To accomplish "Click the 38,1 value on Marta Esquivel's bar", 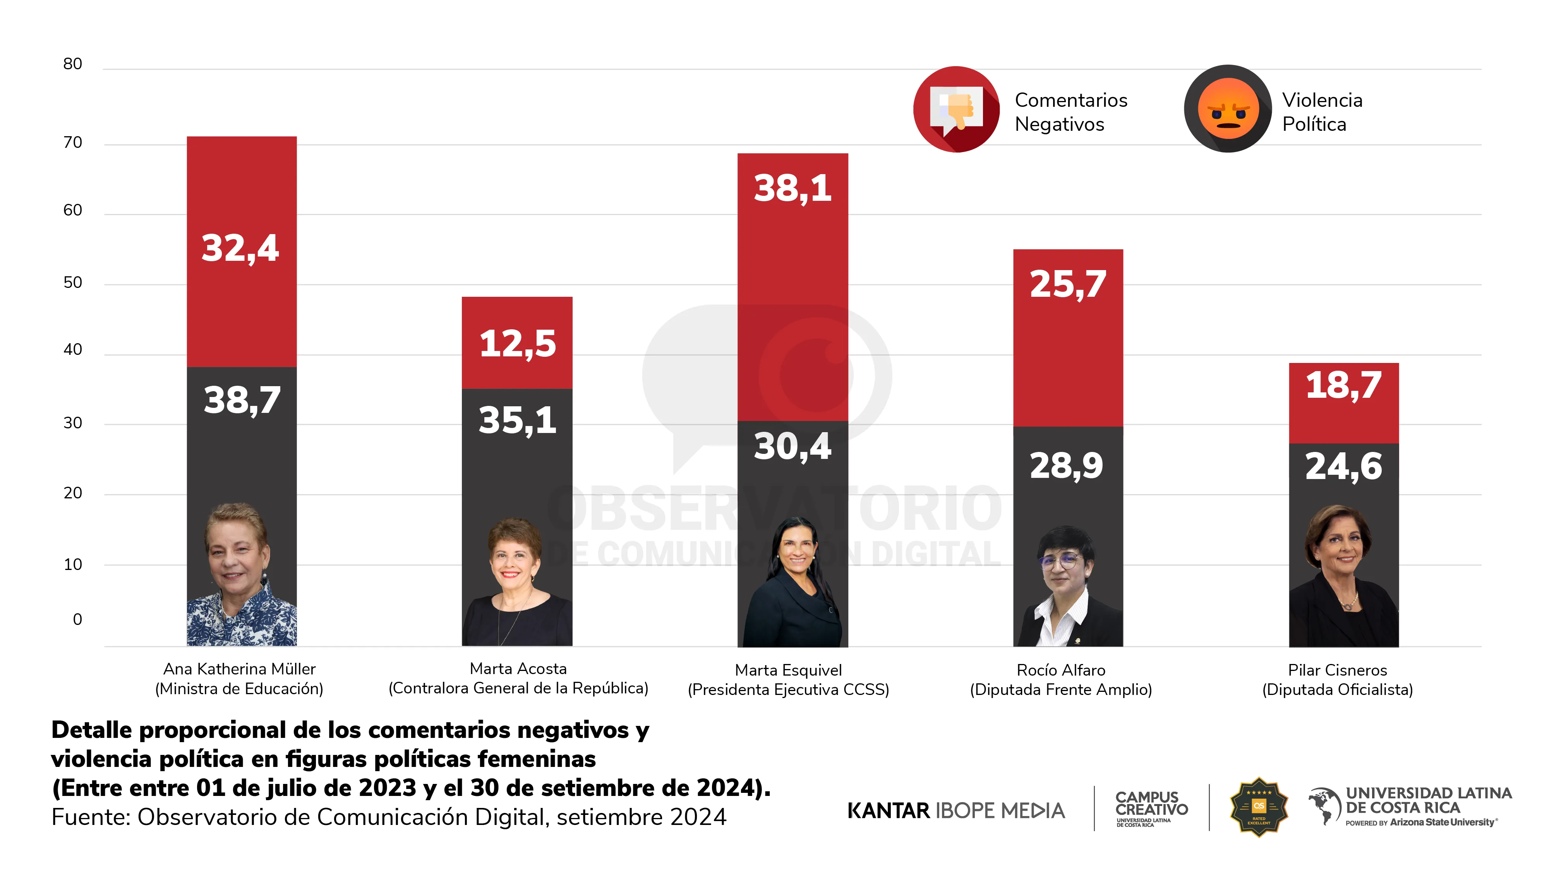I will coord(793,189).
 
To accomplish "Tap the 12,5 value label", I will coord(518,344).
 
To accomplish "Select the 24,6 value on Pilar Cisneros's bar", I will coord(1343,467).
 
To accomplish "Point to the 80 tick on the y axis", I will coord(73,64).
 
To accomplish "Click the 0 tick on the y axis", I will coord(77,620).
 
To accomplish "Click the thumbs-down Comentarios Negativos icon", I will coord(956,110).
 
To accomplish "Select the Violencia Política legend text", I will coord(1322,112).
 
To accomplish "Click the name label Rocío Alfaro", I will coord(1061,670).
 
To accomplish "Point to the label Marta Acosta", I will coord(518,668).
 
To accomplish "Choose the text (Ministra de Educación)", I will coord(239,689).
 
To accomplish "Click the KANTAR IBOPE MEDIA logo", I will coord(955,811).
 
